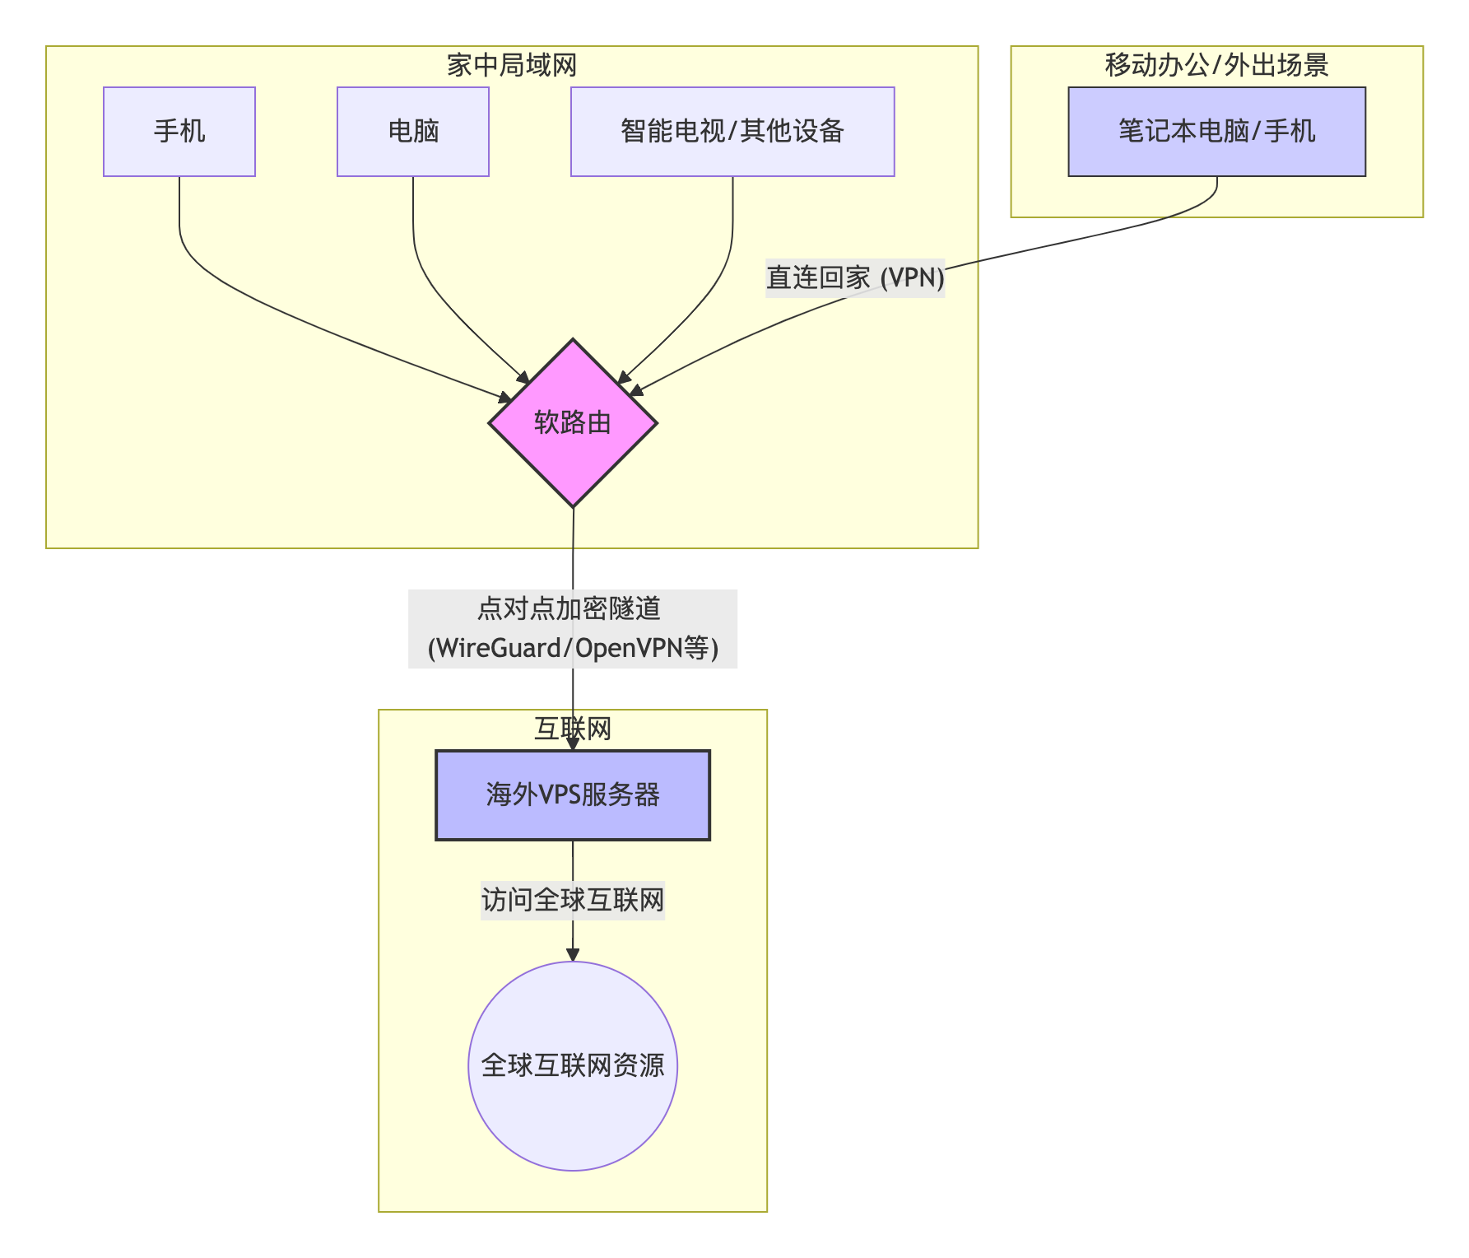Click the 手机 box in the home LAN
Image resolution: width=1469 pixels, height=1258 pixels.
pos(179,132)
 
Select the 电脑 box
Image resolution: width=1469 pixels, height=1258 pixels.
pos(413,132)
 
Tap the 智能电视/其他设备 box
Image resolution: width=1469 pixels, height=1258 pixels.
pos(732,132)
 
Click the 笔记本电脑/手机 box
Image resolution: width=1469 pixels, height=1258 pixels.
pos(1216,132)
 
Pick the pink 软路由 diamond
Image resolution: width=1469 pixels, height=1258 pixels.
pos(573,423)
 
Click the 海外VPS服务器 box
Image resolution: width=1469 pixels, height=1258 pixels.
pos(573,794)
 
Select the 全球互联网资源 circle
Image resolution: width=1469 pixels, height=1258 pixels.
pos(573,1065)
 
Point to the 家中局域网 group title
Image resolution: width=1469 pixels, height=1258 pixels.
pos(511,65)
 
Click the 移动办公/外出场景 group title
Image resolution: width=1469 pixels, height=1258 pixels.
pos(1216,65)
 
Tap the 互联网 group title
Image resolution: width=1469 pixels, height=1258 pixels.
pos(573,729)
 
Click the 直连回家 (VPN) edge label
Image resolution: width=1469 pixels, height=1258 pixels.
pos(855,277)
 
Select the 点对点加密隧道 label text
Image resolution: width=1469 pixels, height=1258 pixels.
pos(569,608)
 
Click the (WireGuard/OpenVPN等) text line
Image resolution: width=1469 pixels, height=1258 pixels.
pos(573,648)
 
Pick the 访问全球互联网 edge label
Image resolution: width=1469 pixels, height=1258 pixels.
pos(573,899)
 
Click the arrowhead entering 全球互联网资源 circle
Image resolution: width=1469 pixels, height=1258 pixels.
pos(573,955)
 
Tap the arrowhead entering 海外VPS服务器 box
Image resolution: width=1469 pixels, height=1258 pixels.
pos(573,744)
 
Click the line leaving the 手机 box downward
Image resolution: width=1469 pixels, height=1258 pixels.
pos(179,214)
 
